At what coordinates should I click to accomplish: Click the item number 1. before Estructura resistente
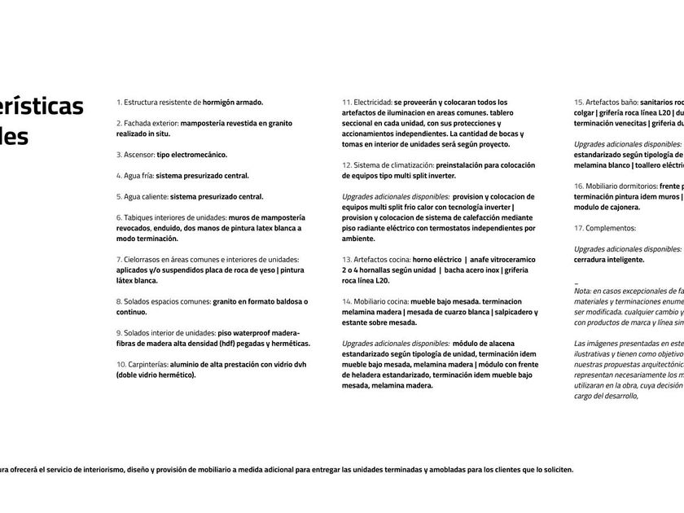pos(119,103)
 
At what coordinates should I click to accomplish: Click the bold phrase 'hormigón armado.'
pos(233,103)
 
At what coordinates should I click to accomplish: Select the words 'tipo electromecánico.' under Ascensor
pos(192,155)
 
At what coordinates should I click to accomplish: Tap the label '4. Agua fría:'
pos(134,175)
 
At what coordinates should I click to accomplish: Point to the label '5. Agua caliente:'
pos(142,196)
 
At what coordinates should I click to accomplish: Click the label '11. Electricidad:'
pos(367,103)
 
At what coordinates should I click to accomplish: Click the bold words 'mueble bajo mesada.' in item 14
pos(445,301)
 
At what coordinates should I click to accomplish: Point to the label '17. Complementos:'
pos(605,228)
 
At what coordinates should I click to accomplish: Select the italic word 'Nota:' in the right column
pos(583,291)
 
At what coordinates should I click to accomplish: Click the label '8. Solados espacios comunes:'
pos(164,301)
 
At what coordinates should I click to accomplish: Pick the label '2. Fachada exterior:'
pos(147,123)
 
